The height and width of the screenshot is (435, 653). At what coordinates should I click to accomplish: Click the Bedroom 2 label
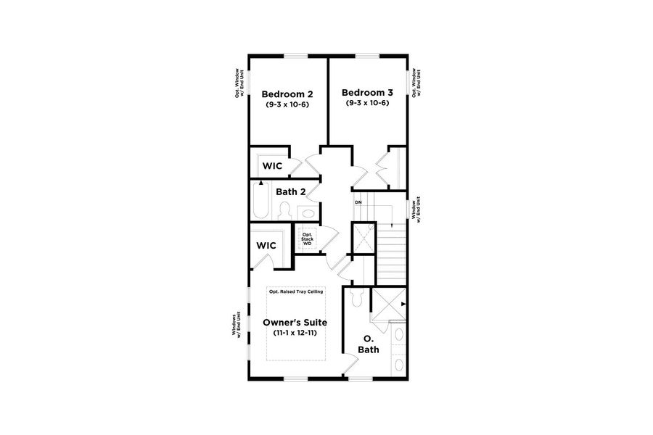287,94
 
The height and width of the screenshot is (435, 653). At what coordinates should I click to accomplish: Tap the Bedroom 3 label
367,93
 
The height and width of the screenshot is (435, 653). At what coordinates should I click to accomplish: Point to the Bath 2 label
290,192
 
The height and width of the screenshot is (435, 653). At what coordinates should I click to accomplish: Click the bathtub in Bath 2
260,201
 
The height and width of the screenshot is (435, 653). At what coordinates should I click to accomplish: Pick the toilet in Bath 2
284,211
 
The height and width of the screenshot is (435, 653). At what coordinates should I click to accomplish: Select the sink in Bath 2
308,213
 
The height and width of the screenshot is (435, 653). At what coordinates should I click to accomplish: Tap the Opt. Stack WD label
307,239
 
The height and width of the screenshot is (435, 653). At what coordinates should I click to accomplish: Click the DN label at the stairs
358,202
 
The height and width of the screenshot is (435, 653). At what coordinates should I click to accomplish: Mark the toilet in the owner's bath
355,298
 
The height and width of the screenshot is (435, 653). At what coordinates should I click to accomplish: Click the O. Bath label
369,344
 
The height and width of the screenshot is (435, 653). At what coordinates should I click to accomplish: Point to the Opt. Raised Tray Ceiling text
296,291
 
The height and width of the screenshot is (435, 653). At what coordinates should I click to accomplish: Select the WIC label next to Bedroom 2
272,166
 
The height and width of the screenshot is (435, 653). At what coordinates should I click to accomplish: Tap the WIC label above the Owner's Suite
266,246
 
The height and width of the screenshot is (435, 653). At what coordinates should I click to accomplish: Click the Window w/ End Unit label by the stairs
416,212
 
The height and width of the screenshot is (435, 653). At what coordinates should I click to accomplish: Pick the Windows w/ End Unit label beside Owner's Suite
236,326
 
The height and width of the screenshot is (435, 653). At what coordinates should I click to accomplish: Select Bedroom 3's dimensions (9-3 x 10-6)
367,103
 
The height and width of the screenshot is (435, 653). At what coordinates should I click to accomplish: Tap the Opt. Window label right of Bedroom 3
416,85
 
